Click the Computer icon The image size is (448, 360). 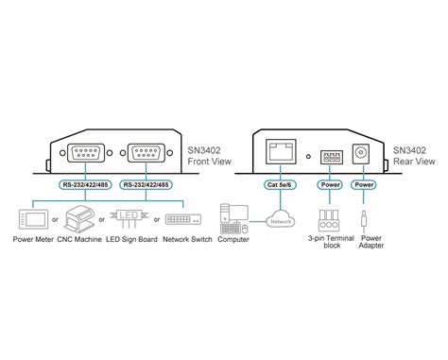click(x=233, y=218)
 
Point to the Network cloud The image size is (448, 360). click(x=280, y=222)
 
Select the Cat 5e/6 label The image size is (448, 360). click(x=281, y=184)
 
